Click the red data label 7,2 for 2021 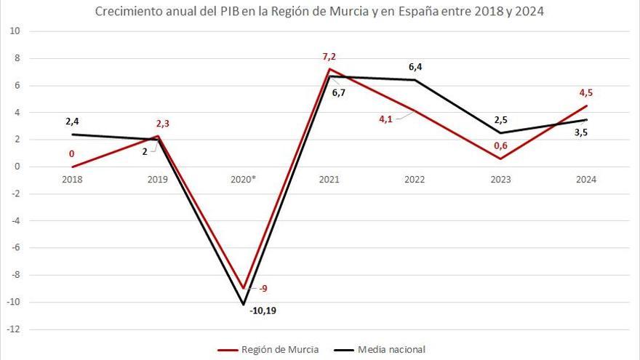tap(331, 56)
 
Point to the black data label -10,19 tap(263, 311)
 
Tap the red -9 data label tap(263, 289)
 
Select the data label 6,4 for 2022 tap(415, 67)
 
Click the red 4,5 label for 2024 tap(586, 92)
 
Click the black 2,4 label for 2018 tap(72, 121)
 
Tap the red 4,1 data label tap(386, 119)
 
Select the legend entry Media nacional tap(391, 350)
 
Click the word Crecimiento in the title tap(123, 12)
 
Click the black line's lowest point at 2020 tap(244, 304)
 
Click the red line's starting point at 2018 tap(72, 167)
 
